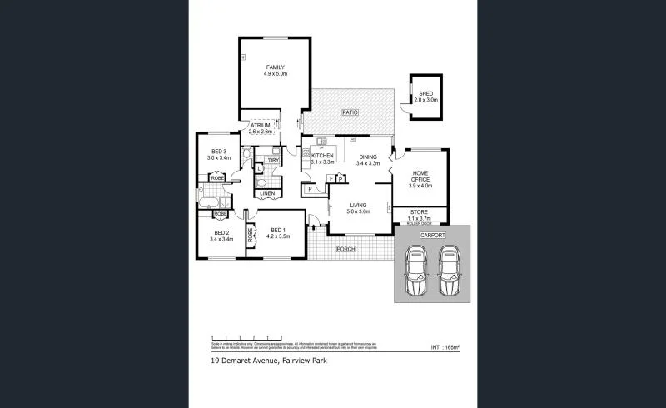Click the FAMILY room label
pos(276,67)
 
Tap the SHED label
pos(425,93)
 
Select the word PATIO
pos(350,112)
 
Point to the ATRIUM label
pos(260,126)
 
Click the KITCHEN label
pos(322,156)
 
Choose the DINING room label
pos(367,157)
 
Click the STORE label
pos(423,212)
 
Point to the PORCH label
pos(345,249)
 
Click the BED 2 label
pos(221,233)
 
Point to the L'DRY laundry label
pos(271,160)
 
